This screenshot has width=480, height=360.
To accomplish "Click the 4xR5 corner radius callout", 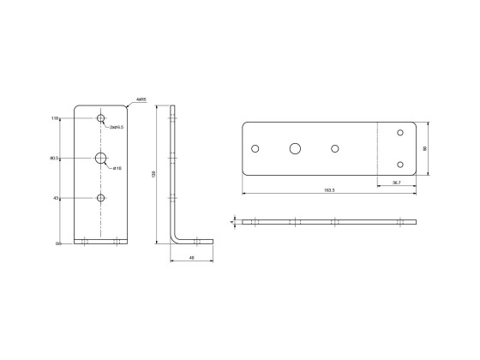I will point(141,100).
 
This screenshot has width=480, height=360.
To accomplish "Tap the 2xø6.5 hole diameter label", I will point(117,127).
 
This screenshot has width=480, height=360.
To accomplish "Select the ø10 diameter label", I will point(117,168).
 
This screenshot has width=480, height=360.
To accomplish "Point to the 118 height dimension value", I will point(54,118).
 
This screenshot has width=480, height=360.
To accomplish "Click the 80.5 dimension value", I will point(53,158).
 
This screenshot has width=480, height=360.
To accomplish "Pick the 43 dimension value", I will point(55,198).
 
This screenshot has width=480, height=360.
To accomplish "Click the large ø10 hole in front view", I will point(101,158).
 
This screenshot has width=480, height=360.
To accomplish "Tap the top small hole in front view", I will point(101,118).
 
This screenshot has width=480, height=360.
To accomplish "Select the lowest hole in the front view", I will point(101,198).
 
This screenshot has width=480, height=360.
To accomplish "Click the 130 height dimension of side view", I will point(153,174).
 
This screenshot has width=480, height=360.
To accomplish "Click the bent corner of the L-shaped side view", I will point(176,241).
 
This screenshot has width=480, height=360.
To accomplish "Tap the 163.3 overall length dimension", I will point(329,189).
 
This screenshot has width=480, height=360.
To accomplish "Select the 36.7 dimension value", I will point(395,182).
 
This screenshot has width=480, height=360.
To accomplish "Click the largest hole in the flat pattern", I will point(296,148).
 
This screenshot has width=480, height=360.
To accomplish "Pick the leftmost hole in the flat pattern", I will point(255,148).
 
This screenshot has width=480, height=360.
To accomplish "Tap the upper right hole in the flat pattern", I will point(399,133).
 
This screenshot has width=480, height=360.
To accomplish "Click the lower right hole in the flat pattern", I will point(399,164).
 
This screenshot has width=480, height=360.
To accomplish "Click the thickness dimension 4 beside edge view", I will point(231,221).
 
